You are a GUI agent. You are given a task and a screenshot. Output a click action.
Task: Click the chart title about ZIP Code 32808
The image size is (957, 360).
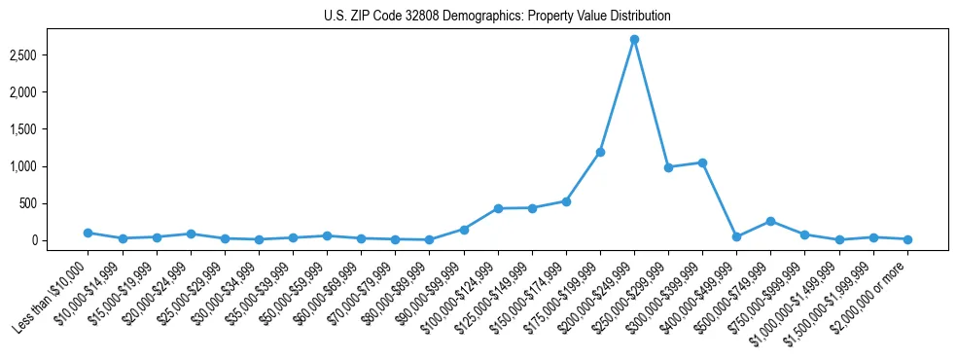(x=497, y=17)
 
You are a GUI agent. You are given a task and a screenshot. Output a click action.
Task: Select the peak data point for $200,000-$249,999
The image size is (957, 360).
(x=634, y=40)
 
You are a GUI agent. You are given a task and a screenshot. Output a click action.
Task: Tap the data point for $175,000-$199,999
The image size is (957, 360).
(x=600, y=152)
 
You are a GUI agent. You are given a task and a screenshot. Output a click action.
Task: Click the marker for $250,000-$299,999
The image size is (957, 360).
(x=668, y=167)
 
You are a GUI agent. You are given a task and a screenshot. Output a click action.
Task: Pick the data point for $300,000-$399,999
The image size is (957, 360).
(x=702, y=162)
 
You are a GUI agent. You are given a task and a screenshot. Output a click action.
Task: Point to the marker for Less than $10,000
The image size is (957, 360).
(x=89, y=233)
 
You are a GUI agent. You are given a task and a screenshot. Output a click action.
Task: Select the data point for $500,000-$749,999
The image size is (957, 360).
(x=770, y=221)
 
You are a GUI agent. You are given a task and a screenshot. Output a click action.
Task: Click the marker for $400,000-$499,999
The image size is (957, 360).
(x=736, y=236)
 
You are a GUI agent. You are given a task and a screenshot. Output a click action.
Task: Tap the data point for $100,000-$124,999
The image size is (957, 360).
(x=498, y=208)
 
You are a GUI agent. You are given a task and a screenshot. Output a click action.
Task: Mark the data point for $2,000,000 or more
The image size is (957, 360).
(x=907, y=239)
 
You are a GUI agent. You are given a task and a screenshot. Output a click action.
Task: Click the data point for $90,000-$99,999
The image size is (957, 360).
(x=464, y=230)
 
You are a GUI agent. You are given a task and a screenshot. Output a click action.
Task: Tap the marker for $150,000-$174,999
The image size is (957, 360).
(x=566, y=201)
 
